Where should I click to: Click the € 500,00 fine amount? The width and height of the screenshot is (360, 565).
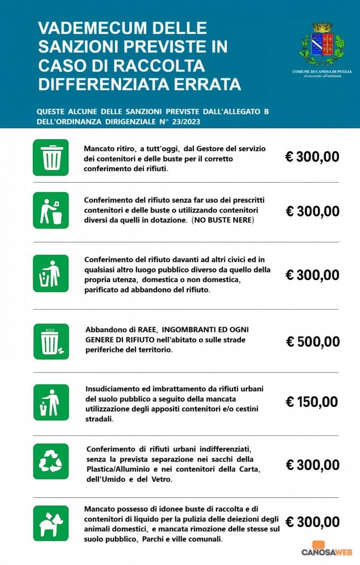coord(312,341)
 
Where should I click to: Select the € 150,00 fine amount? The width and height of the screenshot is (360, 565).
coord(312,402)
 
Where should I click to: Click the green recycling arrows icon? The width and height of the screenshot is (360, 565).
coord(51,461)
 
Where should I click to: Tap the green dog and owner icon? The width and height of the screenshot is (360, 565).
coord(51,523)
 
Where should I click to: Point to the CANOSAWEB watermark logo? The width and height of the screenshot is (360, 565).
coord(327,551)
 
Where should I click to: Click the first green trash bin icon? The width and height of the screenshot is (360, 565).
coord(51,157)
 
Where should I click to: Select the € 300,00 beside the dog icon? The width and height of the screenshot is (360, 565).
coord(312,522)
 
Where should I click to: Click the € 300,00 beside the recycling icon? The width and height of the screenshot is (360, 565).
coord(312,465)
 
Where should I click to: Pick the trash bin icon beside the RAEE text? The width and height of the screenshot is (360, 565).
coord(51,341)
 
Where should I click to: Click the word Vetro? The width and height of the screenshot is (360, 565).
coord(162,479)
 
